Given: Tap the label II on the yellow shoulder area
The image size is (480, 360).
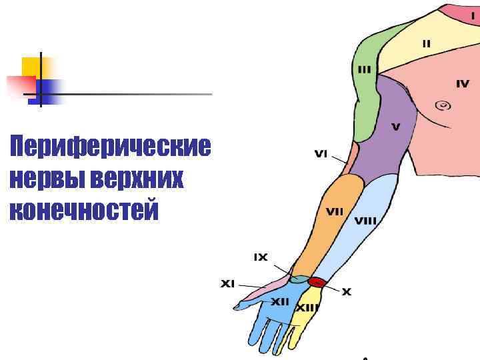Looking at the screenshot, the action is [426, 43].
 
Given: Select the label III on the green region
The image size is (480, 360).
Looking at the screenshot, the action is [365, 69].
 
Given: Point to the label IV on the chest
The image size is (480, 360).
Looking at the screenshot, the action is [463, 84].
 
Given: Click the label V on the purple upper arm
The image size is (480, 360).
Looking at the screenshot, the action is [395, 127].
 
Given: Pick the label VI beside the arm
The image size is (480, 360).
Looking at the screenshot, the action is [321, 154].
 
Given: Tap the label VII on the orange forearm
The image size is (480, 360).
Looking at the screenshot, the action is [335, 211].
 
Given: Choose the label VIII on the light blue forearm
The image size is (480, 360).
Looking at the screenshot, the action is [365, 220].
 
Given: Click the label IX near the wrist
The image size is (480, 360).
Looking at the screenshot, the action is [260, 257].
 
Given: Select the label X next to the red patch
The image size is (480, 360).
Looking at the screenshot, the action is [347, 292].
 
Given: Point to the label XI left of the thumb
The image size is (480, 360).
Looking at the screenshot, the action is [228, 283].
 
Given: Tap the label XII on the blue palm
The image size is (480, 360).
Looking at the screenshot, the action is [280, 302].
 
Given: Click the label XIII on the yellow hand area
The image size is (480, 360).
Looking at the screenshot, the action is [307, 308].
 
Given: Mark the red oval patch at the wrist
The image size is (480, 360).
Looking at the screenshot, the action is [317, 283].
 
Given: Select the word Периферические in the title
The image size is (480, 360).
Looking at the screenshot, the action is [110, 147].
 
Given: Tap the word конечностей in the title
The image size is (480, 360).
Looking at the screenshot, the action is [85, 210].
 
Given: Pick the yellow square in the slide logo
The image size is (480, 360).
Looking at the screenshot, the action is [31, 67].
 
